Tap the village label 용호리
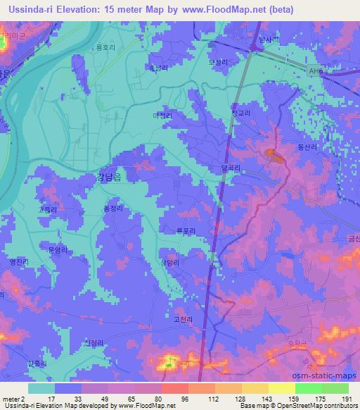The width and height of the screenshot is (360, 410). point(104,47)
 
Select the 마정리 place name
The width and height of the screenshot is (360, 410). point(162,114)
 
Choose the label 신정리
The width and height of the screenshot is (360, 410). point(94,343)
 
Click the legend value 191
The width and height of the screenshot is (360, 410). point(347,399)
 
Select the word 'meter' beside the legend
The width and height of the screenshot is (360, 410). point(11,399)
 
